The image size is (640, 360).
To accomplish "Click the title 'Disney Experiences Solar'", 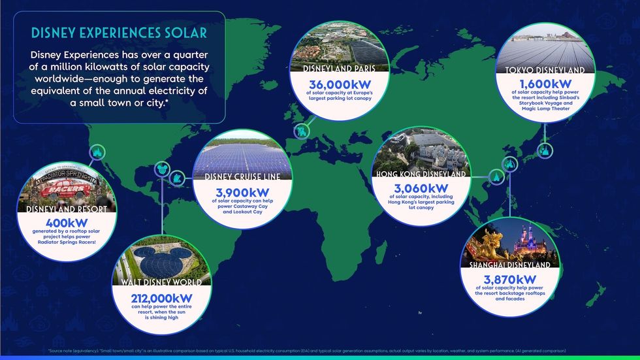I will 120,32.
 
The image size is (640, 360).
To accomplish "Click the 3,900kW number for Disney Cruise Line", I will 246,193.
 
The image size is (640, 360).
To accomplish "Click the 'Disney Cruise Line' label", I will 246,177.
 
